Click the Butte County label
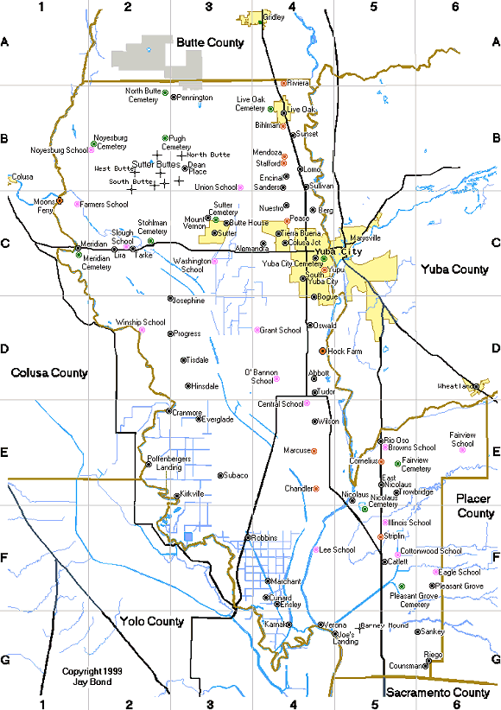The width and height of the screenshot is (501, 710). tap(210, 41)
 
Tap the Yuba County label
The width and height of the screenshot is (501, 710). tap(454, 269)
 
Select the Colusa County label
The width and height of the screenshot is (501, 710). tap(49, 373)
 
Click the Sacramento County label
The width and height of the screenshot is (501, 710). tap(438, 693)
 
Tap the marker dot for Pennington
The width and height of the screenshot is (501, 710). tap(173, 98)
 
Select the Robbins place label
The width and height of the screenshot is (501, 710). tap(264, 537)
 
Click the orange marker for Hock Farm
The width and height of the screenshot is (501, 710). tap(322, 352)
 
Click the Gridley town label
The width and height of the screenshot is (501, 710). tap(273, 17)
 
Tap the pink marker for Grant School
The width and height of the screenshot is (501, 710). tap(256, 330)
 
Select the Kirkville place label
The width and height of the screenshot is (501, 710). tap(192, 493)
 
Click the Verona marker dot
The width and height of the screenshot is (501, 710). tap(319, 624)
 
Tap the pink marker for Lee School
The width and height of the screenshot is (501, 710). tap(315, 550)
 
